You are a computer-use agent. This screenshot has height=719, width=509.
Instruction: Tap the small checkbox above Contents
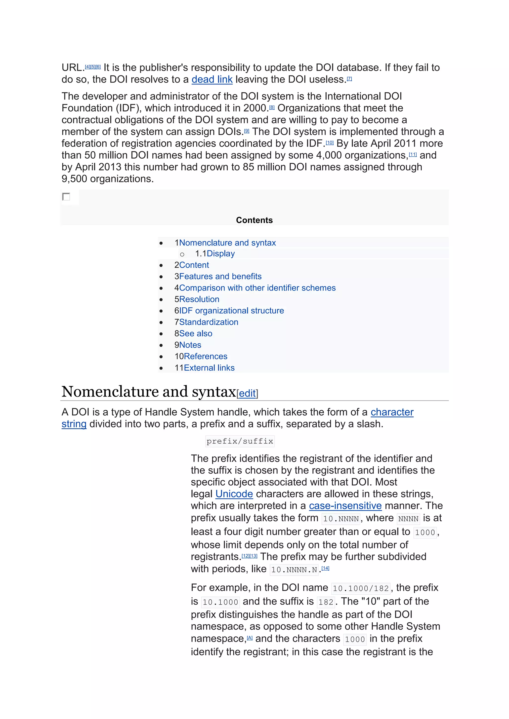coord(66,197)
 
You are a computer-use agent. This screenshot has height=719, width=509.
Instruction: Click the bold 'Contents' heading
coord(254,220)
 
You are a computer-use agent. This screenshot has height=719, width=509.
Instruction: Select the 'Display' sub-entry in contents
coord(221,254)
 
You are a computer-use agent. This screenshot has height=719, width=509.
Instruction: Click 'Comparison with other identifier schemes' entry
coord(257,288)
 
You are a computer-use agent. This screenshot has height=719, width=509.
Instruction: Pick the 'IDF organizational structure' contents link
coord(231,311)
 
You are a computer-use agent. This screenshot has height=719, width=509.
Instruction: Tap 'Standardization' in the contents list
coord(209,322)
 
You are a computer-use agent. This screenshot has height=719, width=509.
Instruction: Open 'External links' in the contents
coord(209,368)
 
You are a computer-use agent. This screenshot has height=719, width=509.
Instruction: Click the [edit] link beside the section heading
coord(247,393)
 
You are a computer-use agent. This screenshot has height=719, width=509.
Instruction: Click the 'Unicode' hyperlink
coord(234,494)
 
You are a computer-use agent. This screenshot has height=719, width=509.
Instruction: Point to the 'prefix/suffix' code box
coord(240,441)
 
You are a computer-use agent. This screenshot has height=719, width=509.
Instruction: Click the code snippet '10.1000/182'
coord(361,588)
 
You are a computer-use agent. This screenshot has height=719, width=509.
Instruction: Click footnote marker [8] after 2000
coord(272,108)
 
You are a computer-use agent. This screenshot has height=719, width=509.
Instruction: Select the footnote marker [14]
coord(325,568)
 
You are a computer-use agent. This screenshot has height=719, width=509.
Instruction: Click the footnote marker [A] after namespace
coord(250,638)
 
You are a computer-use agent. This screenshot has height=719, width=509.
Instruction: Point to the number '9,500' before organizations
coord(74,179)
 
